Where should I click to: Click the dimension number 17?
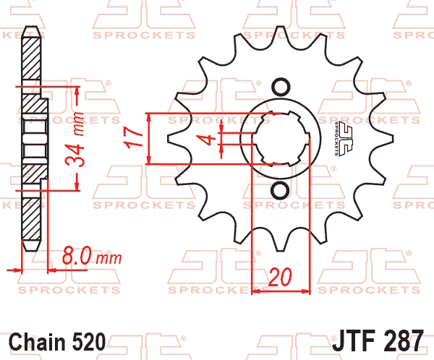point(133,138)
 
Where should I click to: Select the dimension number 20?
point(280,277)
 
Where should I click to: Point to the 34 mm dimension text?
point(75,140)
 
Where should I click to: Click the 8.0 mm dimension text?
point(92,256)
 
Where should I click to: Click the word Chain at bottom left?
point(37,342)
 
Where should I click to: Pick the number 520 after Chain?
point(89,342)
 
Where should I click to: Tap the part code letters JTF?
point(351,340)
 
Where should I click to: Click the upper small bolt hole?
point(281,87)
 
